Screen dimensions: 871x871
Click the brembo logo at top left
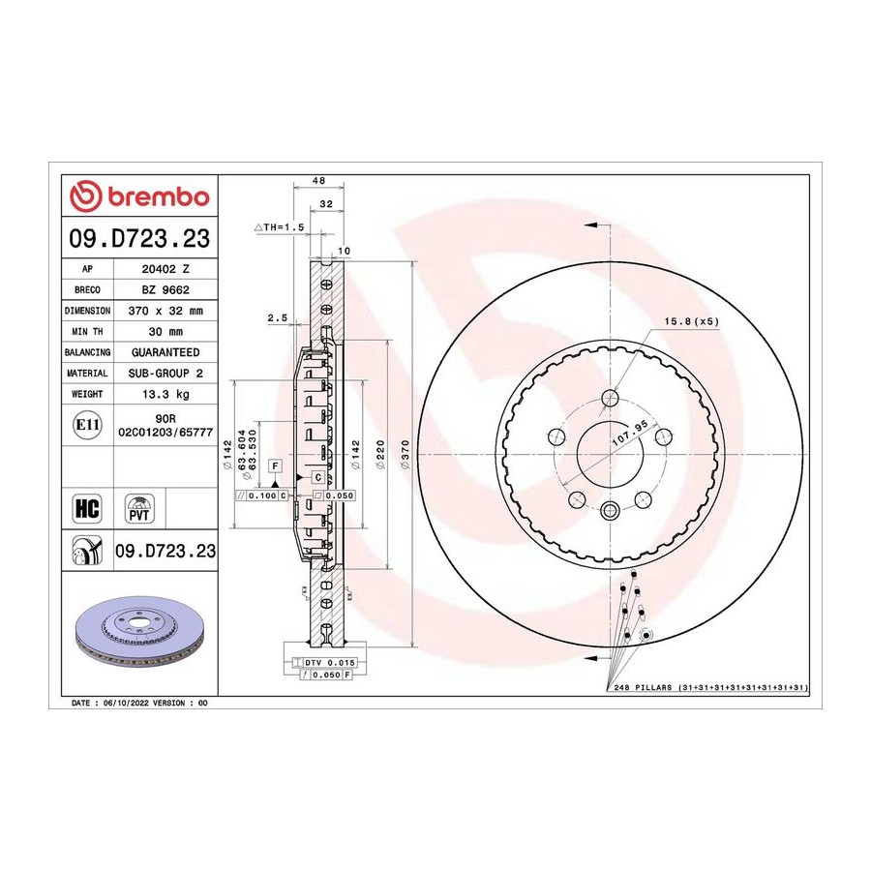(x=139, y=196)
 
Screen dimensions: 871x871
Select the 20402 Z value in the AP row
(x=165, y=269)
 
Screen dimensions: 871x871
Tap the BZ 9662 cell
(x=165, y=290)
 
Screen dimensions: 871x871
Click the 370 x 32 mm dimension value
(x=165, y=311)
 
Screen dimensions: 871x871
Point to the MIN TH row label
(x=87, y=332)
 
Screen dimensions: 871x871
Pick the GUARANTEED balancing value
(x=165, y=352)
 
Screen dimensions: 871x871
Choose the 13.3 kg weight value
(x=165, y=394)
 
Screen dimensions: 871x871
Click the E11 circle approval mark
(x=87, y=425)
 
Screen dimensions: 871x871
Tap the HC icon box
(x=87, y=508)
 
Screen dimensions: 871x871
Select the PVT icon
(x=138, y=508)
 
